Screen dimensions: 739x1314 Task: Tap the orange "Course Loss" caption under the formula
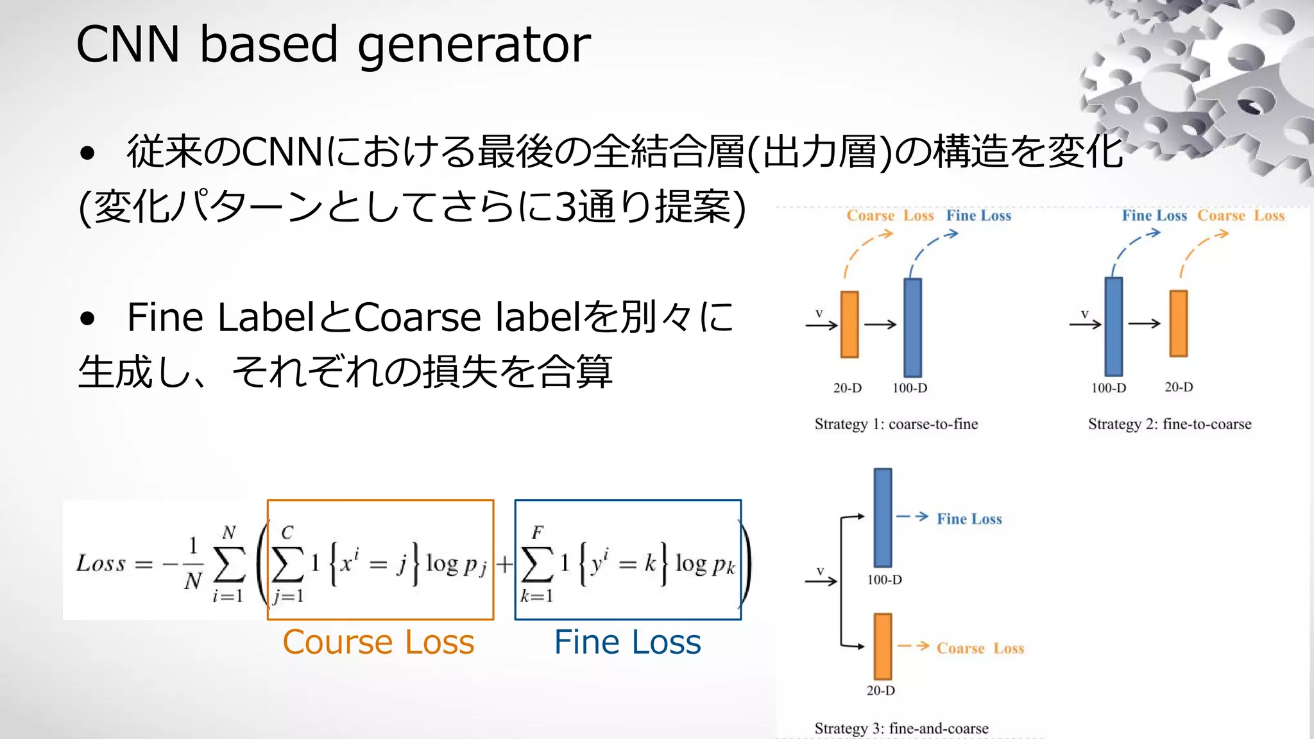(378, 642)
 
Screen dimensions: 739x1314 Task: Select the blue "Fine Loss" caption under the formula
(627, 642)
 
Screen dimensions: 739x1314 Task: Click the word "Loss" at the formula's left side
(101, 563)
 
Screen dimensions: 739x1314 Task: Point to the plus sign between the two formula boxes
(504, 564)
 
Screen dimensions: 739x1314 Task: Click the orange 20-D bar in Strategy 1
(849, 324)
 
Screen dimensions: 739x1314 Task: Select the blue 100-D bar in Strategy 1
(912, 327)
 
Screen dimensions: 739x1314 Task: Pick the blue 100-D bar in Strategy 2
(1113, 327)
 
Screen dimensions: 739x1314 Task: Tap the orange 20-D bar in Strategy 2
(1178, 323)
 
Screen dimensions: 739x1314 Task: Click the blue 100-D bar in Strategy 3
(883, 517)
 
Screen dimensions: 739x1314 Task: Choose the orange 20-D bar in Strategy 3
(883, 646)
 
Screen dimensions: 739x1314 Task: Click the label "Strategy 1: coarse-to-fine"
(896, 424)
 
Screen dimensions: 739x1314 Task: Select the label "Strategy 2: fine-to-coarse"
(1169, 424)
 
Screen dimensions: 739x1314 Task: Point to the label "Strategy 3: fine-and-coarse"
(901, 728)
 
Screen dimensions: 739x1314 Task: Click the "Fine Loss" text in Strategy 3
(969, 518)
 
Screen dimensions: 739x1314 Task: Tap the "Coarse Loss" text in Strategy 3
(980, 648)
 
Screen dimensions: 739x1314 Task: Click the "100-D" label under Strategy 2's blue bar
(1108, 387)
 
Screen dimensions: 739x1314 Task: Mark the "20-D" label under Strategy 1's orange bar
(847, 387)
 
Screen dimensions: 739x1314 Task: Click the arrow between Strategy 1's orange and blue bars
(880, 325)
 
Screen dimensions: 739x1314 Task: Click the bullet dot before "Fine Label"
(87, 318)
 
